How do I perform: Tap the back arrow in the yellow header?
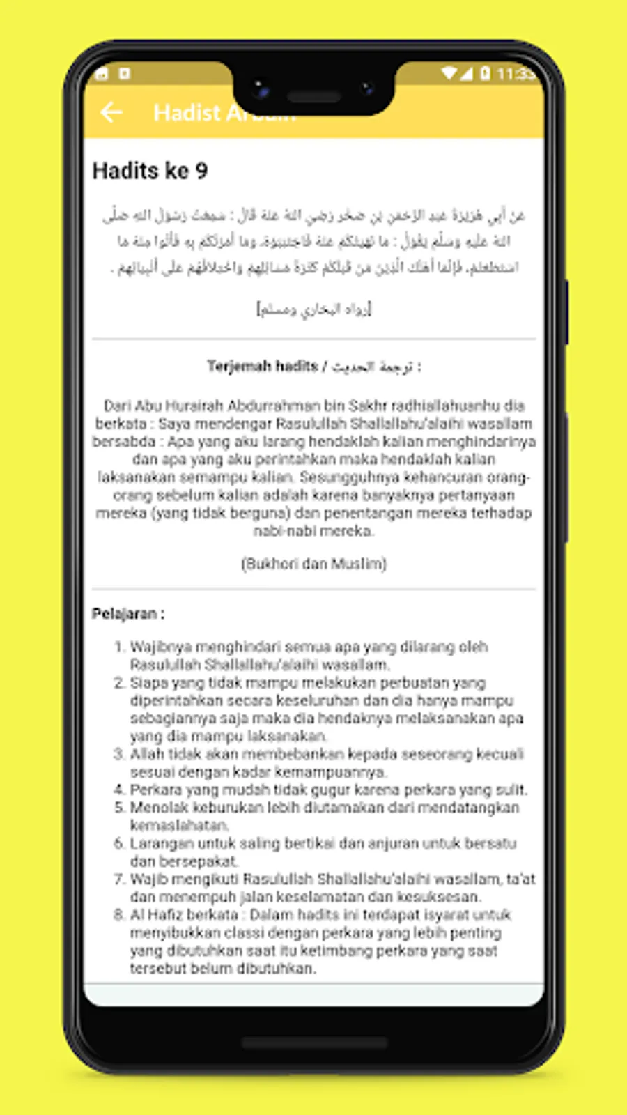point(111,112)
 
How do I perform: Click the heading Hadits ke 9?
point(150,171)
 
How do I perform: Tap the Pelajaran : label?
point(128,614)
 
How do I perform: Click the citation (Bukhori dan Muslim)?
point(313,564)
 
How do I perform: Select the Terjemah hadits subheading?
point(263,367)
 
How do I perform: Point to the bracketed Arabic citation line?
point(313,309)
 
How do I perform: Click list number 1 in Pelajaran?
point(119,647)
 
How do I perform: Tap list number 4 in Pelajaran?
point(119,790)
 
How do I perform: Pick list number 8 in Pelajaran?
point(119,915)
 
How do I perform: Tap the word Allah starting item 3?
point(145,755)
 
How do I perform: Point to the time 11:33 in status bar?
point(515,73)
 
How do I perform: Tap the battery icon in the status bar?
point(485,73)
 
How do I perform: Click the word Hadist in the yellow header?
point(187,112)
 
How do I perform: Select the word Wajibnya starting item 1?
point(161,647)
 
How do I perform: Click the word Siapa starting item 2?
point(147,683)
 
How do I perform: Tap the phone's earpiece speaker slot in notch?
point(313,97)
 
